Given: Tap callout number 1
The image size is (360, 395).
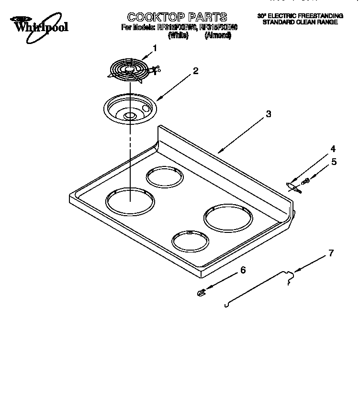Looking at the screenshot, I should (155, 48).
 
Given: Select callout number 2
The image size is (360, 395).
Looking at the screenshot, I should (195, 71).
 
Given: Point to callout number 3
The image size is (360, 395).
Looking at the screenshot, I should (269, 114).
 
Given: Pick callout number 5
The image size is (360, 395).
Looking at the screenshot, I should (334, 162).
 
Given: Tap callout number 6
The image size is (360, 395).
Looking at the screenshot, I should (243, 271).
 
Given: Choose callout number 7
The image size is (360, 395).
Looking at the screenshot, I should (331, 253).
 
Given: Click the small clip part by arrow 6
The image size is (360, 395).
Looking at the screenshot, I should (201, 293).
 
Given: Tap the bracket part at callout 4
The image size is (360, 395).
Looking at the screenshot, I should (293, 187).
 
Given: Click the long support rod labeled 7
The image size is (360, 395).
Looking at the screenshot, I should (259, 287).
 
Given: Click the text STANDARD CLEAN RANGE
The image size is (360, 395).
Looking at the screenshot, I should (300, 22).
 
